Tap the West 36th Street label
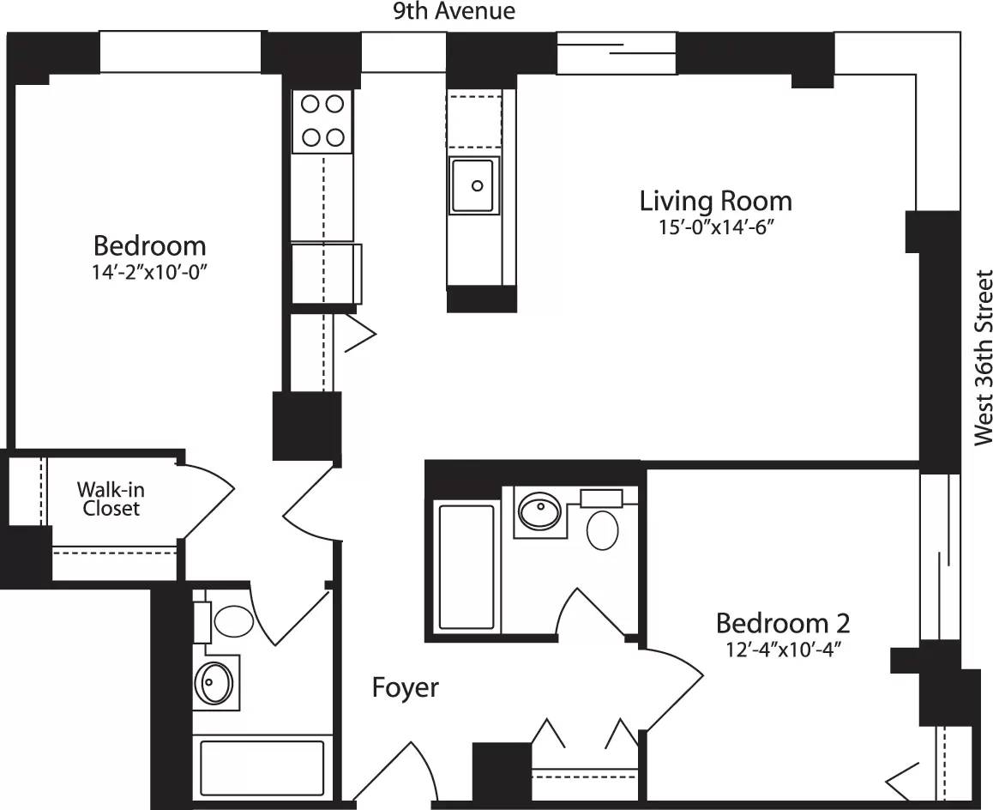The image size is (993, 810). click(983, 358)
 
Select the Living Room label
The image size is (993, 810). click(716, 201)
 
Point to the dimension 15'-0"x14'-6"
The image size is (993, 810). click(715, 227)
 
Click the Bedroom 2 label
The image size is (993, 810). click(782, 622)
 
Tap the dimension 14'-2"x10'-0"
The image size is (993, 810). click(150, 272)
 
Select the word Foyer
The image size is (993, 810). click(405, 687)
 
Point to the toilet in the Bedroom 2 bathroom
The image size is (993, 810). click(602, 529)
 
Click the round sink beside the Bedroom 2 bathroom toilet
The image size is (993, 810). click(540, 512)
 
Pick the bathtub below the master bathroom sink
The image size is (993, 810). click(261, 769)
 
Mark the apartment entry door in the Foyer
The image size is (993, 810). click(394, 772)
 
